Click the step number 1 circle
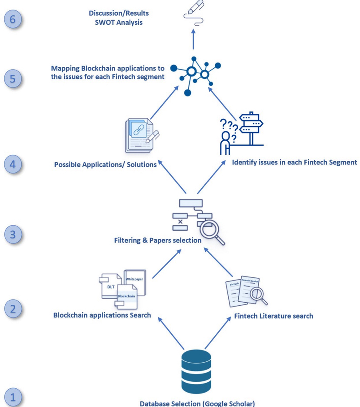[13, 397]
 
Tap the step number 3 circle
[13, 234]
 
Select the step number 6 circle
[13, 20]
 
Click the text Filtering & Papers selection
[158, 240]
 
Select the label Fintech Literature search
[273, 316]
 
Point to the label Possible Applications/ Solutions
[105, 165]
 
